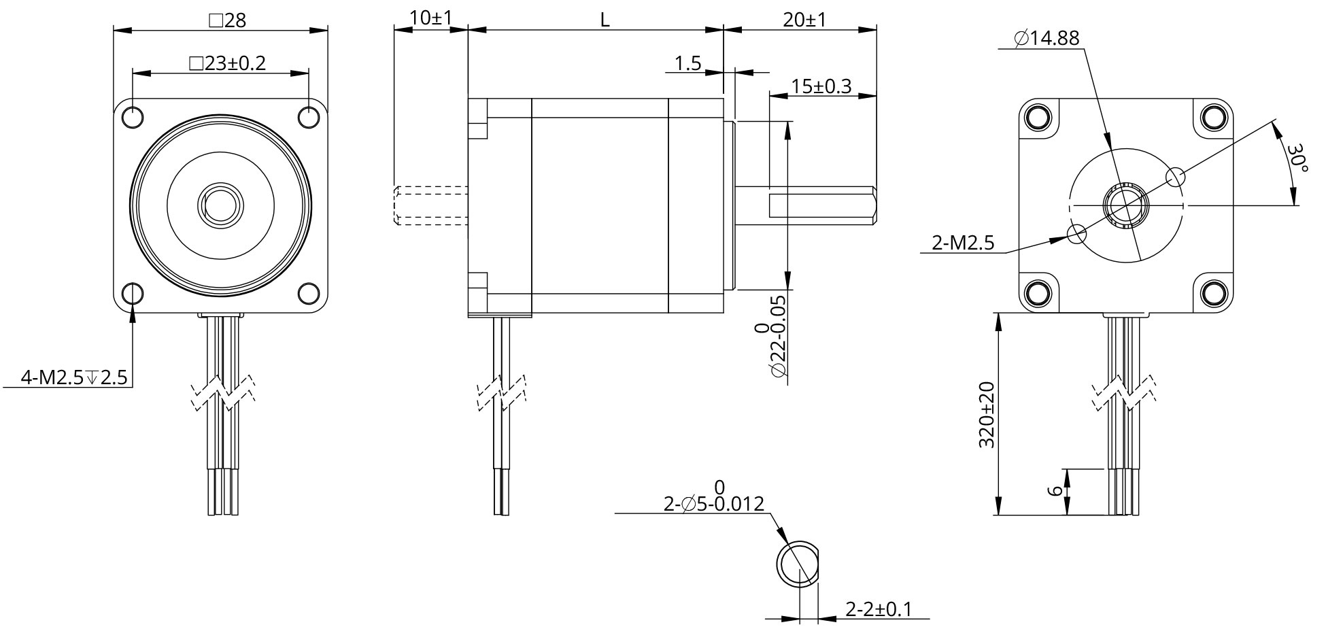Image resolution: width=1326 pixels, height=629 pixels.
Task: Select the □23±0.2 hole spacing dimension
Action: [227, 63]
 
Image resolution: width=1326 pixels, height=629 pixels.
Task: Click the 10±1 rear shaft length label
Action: [431, 18]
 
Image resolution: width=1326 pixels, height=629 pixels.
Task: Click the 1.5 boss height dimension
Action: [687, 63]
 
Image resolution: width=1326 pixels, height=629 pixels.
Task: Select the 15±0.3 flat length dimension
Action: [821, 86]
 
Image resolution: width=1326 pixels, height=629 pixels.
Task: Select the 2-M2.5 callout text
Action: [963, 243]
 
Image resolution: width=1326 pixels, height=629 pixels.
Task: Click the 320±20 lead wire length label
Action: [987, 414]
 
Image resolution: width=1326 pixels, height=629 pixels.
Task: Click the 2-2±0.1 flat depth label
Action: [878, 609]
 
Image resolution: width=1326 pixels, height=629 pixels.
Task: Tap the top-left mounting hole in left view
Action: [133, 117]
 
